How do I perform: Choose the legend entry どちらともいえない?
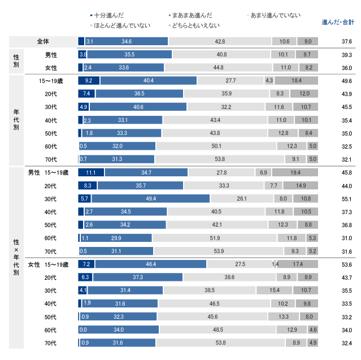194,25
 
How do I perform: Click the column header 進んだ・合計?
338,22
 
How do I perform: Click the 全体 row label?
43,41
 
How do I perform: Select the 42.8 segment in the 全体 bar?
220,42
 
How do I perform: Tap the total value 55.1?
346,199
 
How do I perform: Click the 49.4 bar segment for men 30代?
150,199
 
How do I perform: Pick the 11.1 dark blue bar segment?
90,172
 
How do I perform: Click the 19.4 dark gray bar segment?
295,172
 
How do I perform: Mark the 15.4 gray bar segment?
275,290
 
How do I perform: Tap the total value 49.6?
346,81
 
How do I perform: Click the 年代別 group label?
16,120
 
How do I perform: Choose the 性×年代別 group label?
16,257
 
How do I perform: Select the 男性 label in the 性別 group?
51,55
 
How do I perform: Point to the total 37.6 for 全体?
346,42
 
